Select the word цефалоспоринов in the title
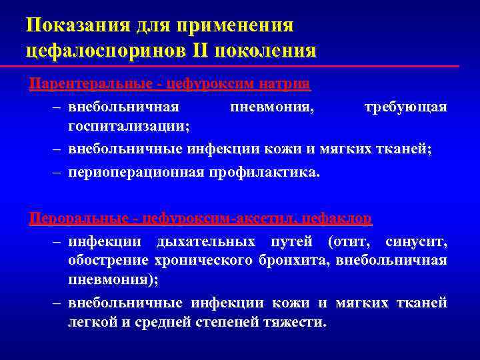pos(111,50)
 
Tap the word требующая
pos(405,107)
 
